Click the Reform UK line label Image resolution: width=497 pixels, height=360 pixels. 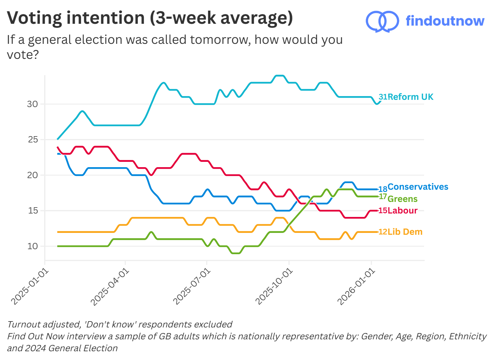coord(410,97)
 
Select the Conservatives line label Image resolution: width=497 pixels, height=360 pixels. coord(418,187)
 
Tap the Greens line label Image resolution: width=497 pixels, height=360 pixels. coord(402,199)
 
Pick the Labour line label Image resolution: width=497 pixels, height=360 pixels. coord(402,211)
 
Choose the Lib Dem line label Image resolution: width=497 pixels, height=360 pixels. coord(405,232)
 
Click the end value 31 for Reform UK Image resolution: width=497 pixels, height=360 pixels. coord(383,97)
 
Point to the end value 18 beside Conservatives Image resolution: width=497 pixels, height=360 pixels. coord(383,189)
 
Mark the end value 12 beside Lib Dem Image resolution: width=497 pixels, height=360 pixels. coord(383,232)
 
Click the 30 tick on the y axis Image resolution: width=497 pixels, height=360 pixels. coord(32,104)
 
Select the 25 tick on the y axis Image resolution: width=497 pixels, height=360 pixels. coord(33,140)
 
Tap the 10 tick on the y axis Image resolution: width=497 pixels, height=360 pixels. coord(32,246)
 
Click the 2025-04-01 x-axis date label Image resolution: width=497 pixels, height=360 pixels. coord(110,287)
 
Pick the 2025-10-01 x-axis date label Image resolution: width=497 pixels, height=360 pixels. coord(274,287)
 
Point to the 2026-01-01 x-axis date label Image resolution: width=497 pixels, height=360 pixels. coord(356,287)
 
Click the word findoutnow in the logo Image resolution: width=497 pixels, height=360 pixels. coord(445,21)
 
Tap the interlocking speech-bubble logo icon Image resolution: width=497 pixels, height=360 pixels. coord(382,21)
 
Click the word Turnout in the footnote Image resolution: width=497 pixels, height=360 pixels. coord(24,324)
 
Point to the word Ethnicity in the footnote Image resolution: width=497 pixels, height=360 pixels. coord(468,336)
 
